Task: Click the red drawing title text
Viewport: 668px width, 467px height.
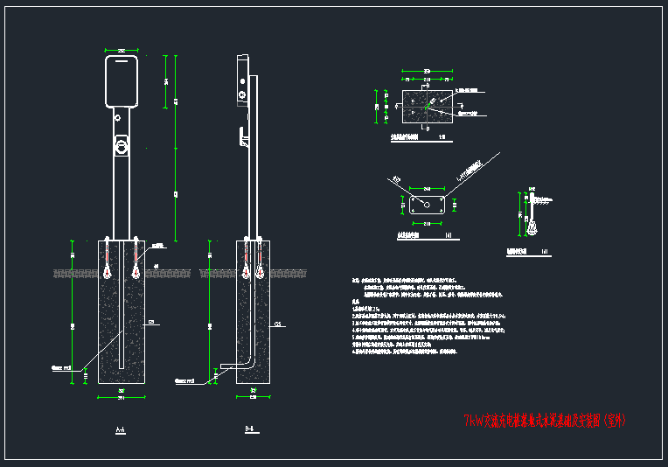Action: pos(545,421)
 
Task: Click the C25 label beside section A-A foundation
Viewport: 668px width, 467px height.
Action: pos(151,322)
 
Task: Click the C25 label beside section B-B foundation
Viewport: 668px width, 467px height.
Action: pos(278,323)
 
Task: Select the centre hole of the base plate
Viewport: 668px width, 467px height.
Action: pos(426,204)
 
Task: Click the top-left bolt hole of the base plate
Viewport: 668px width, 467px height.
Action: pos(413,197)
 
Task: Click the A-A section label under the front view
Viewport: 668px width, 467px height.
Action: pos(120,429)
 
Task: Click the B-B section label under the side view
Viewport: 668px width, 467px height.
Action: pos(249,429)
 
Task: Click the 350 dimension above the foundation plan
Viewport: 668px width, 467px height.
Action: pos(426,70)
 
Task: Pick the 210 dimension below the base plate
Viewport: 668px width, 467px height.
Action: pos(426,224)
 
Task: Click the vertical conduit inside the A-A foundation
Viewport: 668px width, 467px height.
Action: pos(121,315)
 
